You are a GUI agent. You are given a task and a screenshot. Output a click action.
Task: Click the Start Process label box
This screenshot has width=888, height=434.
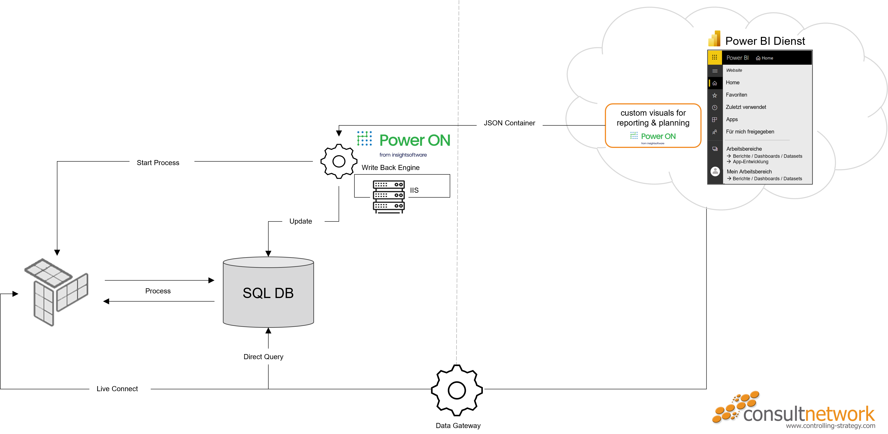(x=162, y=163)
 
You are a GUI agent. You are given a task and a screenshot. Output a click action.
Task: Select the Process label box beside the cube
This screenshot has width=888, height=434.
(x=168, y=291)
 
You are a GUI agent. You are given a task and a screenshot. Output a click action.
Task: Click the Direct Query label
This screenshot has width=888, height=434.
(x=267, y=357)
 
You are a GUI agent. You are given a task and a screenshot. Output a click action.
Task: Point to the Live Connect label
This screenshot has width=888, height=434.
(x=120, y=389)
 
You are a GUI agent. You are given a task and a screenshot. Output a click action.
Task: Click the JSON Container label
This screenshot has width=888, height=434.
(x=509, y=123)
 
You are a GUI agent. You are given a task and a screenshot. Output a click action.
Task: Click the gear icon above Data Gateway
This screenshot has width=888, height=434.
(x=457, y=390)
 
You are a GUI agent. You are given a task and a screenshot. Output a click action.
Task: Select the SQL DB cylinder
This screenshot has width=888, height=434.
(x=268, y=292)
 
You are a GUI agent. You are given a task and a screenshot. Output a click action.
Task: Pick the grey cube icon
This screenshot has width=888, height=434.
(x=56, y=292)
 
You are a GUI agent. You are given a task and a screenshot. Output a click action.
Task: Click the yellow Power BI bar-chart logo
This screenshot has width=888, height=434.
(x=714, y=39)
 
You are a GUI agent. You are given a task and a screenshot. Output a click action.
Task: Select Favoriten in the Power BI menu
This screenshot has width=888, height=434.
(x=736, y=95)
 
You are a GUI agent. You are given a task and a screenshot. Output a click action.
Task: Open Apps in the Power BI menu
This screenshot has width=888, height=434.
(x=732, y=119)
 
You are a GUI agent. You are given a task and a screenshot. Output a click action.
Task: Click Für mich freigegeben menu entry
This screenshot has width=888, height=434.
(x=750, y=132)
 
